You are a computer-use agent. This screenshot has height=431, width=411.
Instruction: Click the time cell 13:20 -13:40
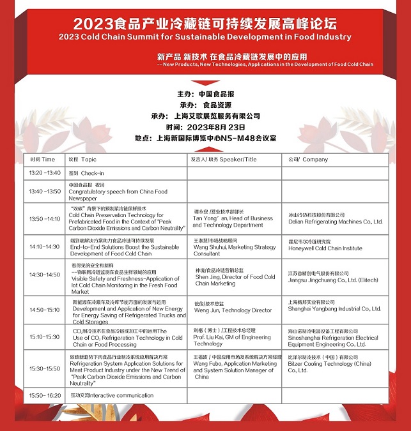45,173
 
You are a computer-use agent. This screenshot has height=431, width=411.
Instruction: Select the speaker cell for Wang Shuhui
234,246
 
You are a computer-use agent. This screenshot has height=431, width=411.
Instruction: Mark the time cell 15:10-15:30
45,336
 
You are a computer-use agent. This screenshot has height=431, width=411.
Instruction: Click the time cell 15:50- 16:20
45,396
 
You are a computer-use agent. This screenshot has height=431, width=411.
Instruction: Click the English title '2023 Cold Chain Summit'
205,37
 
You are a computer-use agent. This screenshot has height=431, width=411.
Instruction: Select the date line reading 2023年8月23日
205,126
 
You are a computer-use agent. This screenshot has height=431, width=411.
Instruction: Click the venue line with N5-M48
205,137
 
